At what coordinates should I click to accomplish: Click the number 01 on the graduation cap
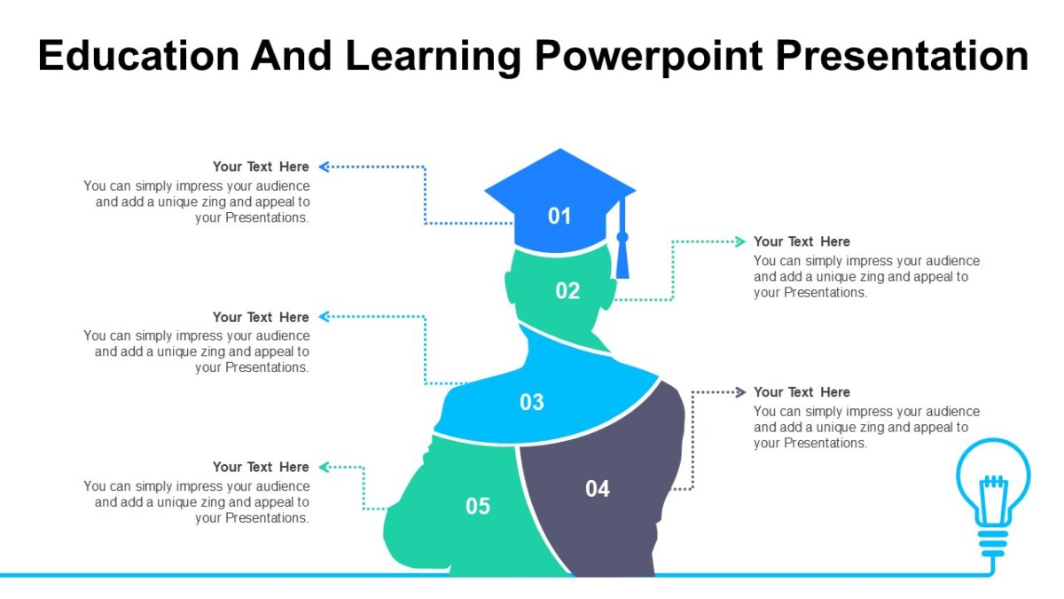tap(559, 216)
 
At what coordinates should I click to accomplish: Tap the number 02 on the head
tap(567, 290)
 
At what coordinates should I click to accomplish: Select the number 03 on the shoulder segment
tap(531, 402)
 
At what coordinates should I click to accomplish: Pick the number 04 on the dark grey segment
tap(598, 488)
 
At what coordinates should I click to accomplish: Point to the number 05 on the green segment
tap(478, 506)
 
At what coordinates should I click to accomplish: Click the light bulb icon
tap(993, 497)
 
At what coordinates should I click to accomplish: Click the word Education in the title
tap(138, 56)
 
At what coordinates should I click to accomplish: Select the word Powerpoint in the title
tap(646, 56)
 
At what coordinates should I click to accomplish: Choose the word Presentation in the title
tap(902, 56)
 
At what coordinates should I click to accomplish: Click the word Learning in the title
tap(434, 56)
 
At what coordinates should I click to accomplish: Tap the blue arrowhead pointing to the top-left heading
tap(324, 166)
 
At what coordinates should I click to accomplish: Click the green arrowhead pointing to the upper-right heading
tap(740, 241)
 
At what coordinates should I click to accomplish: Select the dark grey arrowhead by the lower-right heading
tap(740, 391)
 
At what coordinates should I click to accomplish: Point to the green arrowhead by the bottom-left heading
tap(324, 467)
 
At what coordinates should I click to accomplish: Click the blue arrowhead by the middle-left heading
tap(324, 317)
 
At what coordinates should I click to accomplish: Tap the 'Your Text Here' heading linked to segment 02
tap(802, 241)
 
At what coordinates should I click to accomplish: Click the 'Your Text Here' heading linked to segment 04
tap(802, 391)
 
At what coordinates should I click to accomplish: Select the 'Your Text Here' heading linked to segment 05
tap(261, 467)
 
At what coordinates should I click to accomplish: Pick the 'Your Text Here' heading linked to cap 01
tap(261, 166)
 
